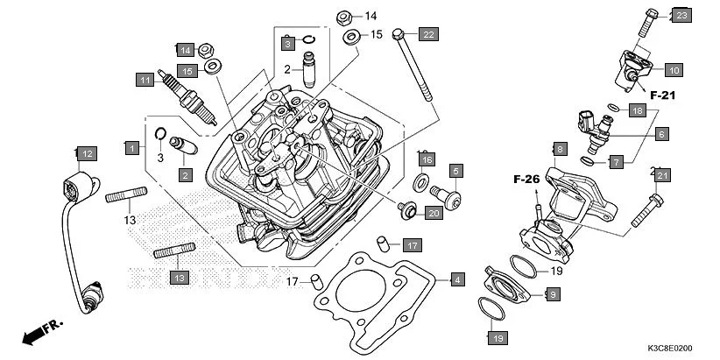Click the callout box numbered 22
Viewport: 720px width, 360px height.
click(x=427, y=34)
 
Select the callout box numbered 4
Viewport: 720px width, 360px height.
click(x=456, y=280)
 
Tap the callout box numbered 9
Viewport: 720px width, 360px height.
click(x=553, y=295)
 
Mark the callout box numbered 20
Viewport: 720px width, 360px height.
click(x=433, y=213)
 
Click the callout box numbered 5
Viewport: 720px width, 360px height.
click(x=456, y=170)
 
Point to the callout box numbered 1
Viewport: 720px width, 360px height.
click(x=131, y=148)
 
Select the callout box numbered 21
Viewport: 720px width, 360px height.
click(x=662, y=176)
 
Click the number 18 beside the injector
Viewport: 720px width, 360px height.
click(x=638, y=110)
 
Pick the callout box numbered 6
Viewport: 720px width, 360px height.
click(x=661, y=134)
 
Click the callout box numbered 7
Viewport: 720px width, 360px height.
click(x=640, y=162)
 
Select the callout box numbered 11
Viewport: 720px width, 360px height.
click(x=145, y=80)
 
